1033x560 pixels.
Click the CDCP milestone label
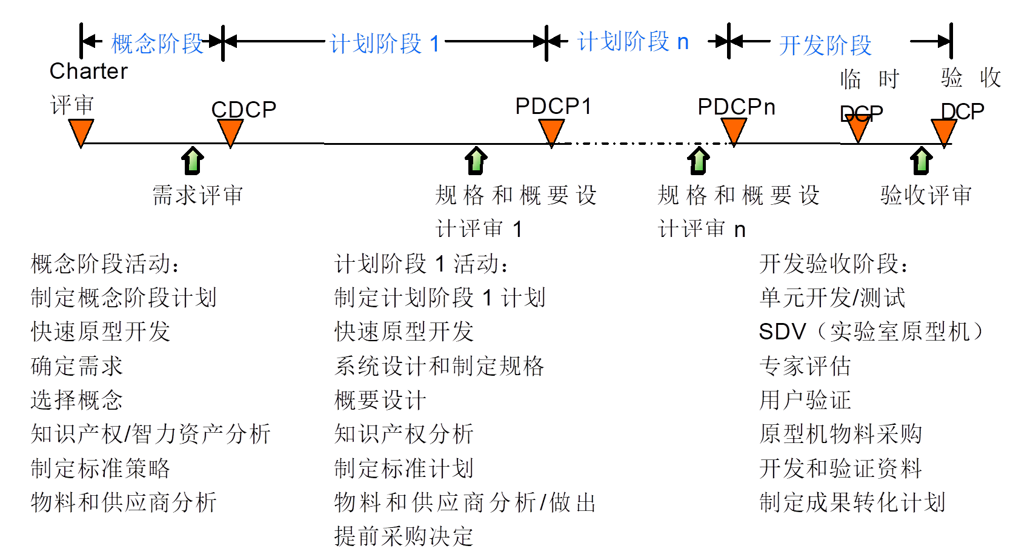point(244,110)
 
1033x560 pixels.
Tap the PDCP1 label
point(553,106)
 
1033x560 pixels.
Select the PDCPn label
point(736,107)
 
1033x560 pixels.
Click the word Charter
point(88,72)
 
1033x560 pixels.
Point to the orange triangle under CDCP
point(230,132)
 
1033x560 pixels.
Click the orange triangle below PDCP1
point(551,132)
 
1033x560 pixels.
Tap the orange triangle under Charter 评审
point(81,132)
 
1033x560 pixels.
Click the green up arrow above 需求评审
point(193,161)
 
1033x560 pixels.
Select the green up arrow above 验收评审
point(922,161)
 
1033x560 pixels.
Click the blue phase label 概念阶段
point(158,44)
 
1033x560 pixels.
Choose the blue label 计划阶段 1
point(385,44)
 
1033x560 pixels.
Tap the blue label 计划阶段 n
point(633,42)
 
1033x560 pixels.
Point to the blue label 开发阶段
point(825,45)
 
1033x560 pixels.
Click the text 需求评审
point(198,195)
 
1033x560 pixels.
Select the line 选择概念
point(77,400)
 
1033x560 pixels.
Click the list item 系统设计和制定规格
point(439,366)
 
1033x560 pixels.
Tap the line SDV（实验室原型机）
point(871,332)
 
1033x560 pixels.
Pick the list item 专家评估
point(805,366)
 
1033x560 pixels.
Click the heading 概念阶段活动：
point(105,264)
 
